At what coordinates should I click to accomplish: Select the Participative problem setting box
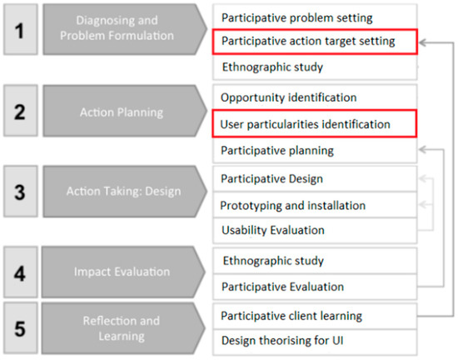point(315,17)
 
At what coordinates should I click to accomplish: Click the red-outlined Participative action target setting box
point(315,40)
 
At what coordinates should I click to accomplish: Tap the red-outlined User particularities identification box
point(315,124)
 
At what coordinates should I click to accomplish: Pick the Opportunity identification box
point(315,97)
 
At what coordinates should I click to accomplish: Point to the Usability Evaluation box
point(315,230)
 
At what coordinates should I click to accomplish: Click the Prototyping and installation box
point(315,205)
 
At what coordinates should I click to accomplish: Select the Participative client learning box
point(315,315)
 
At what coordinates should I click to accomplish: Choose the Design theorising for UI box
point(315,340)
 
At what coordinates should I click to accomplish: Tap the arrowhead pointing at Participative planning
point(423,150)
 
